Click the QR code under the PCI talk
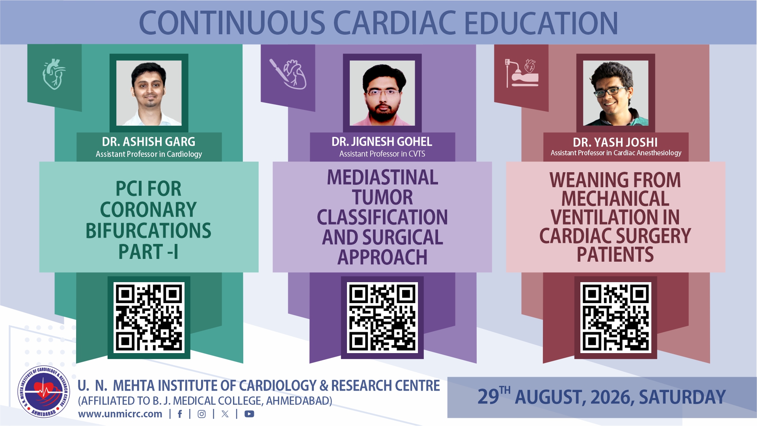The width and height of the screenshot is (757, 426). (x=149, y=318)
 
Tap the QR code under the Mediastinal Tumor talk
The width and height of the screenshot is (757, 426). (x=382, y=318)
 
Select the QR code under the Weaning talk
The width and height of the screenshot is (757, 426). (x=616, y=318)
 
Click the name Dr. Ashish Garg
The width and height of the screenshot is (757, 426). (x=149, y=141)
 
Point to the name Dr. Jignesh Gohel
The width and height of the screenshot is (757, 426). (x=382, y=141)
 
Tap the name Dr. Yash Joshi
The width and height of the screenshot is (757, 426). (x=615, y=142)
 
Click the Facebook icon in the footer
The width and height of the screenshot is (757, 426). (x=180, y=414)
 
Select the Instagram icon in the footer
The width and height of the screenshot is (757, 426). (x=201, y=414)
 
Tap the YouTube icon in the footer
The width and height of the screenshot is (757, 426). (x=249, y=414)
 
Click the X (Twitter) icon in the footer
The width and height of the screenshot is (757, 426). (x=225, y=414)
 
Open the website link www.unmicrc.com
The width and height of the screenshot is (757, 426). (x=120, y=414)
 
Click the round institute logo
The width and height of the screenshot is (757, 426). (x=44, y=392)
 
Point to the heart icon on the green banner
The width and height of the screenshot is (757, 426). (x=54, y=74)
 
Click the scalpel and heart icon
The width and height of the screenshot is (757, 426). (x=288, y=74)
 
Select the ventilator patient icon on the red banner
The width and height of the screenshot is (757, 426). (x=522, y=73)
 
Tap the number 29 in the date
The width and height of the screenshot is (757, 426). (x=488, y=397)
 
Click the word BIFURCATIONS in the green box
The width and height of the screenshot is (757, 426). (x=148, y=231)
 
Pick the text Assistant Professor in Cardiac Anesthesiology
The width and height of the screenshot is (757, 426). (x=616, y=153)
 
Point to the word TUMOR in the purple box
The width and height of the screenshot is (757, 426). (x=382, y=197)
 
